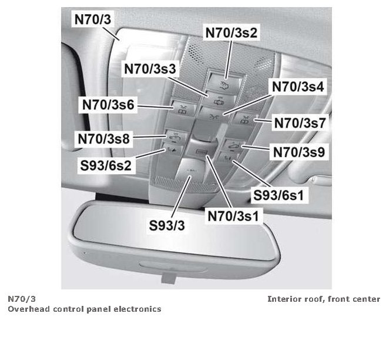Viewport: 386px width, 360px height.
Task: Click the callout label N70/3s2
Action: [x=231, y=33]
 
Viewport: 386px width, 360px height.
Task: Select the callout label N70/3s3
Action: [x=149, y=68]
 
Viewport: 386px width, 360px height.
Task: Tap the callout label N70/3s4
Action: [x=298, y=87]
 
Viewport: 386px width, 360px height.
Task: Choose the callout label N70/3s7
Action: [x=300, y=123]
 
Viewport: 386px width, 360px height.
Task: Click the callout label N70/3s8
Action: [x=103, y=139]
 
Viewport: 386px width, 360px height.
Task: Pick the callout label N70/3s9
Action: [x=299, y=152]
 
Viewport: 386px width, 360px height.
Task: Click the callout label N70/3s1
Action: [x=234, y=216]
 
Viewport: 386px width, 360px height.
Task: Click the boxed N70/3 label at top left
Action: [x=92, y=19]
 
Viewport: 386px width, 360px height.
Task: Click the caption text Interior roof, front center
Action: [x=324, y=299]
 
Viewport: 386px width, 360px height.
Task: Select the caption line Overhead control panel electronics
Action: [x=84, y=309]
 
